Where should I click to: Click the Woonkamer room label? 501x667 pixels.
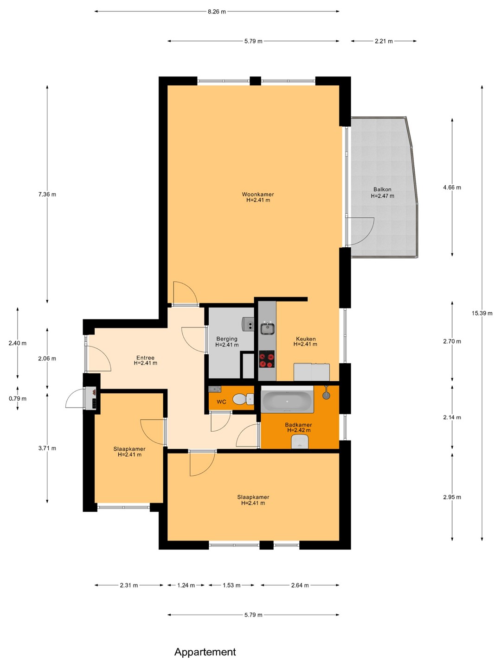pyautogui.click(x=257, y=194)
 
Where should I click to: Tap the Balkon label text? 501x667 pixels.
pyautogui.click(x=382, y=189)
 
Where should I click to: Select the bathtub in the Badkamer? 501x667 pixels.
pyautogui.click(x=287, y=399)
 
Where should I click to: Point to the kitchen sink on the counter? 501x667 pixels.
pyautogui.click(x=267, y=328)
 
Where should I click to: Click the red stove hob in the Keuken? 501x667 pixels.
pyautogui.click(x=267, y=359)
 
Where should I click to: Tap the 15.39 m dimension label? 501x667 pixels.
pyautogui.click(x=482, y=313)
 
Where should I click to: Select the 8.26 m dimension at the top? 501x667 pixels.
pyautogui.click(x=217, y=12)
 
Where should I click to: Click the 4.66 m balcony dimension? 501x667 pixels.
pyautogui.click(x=452, y=188)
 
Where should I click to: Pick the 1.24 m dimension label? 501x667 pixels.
pyautogui.click(x=186, y=585)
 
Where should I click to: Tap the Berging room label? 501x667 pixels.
pyautogui.click(x=227, y=339)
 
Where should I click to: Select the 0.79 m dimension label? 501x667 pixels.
pyautogui.click(x=18, y=399)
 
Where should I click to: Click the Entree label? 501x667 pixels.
pyautogui.click(x=145, y=358)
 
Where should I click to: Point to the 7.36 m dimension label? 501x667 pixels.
pyautogui.click(x=47, y=195)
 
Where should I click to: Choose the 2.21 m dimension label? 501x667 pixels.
pyautogui.click(x=384, y=41)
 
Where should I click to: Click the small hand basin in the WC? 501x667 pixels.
pyautogui.click(x=215, y=389)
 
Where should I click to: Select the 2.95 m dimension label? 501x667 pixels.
pyautogui.click(x=452, y=497)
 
